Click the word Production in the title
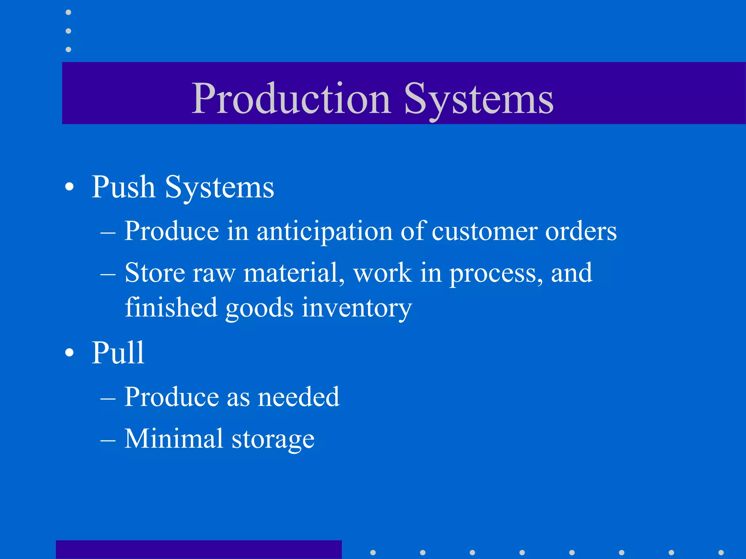[291, 98]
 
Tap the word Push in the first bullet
[123, 187]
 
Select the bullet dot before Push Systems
[69, 187]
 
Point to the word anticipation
[325, 231]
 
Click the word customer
[484, 231]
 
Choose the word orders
[581, 231]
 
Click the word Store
[155, 273]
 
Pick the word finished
[171, 307]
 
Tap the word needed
[299, 397]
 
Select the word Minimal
[173, 438]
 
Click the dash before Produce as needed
[108, 398]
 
